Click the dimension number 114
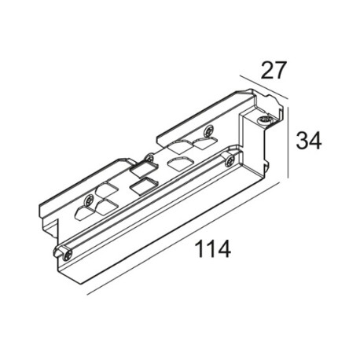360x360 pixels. [x=213, y=249]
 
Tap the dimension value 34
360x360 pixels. [x=308, y=141]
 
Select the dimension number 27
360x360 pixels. [x=273, y=70]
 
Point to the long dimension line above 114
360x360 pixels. [x=182, y=239]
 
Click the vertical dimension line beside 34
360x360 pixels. [x=288, y=142]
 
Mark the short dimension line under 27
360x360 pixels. [x=264, y=87]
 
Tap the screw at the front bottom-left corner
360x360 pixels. [x=68, y=255]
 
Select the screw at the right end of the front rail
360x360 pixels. [x=230, y=160]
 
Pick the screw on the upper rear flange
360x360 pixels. [x=209, y=130]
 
